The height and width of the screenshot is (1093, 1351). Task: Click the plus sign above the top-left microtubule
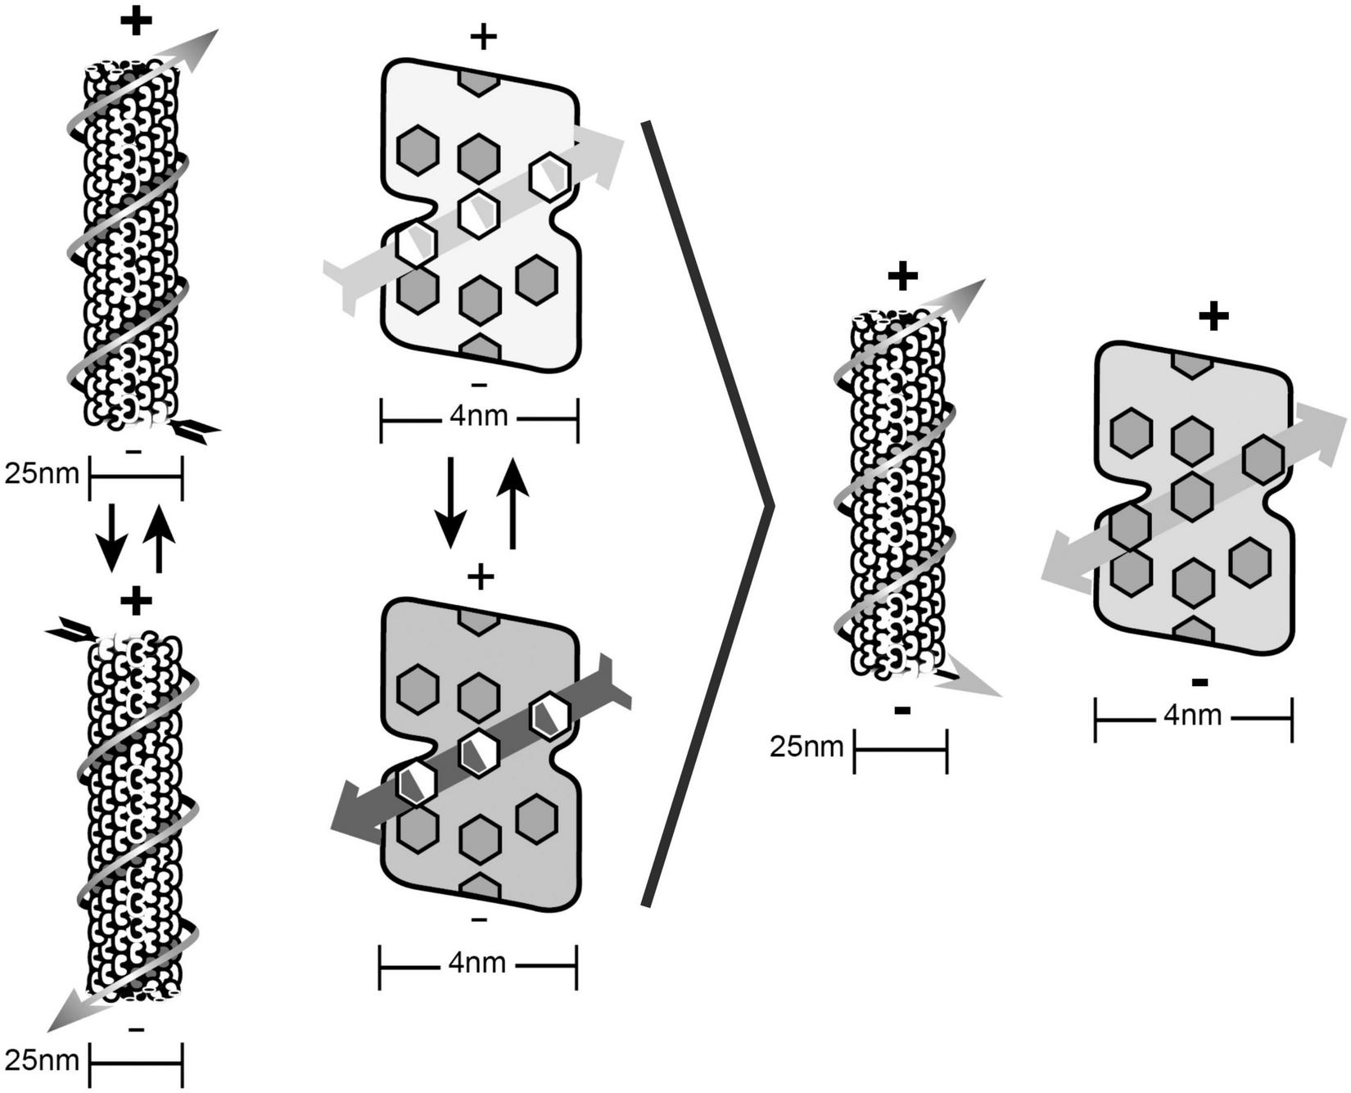pyautogui.click(x=136, y=22)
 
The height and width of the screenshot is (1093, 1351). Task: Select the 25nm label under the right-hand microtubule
pyautogui.click(x=807, y=747)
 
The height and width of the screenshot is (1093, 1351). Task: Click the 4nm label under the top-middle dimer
pyautogui.click(x=479, y=417)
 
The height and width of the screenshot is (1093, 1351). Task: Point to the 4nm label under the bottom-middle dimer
pyautogui.click(x=477, y=964)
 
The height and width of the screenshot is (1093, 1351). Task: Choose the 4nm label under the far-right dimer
pyautogui.click(x=1193, y=716)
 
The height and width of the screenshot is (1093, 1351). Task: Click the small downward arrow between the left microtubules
pyautogui.click(x=112, y=538)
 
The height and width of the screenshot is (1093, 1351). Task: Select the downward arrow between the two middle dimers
pyautogui.click(x=450, y=502)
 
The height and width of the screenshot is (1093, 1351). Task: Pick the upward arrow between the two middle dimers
pyautogui.click(x=513, y=502)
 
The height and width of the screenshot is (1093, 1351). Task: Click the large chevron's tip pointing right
pyautogui.click(x=770, y=508)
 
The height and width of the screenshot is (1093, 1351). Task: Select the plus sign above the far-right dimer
pyautogui.click(x=1213, y=316)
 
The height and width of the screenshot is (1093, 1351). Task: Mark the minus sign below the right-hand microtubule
pyautogui.click(x=902, y=710)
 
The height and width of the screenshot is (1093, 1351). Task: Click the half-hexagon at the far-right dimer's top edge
pyautogui.click(x=1192, y=364)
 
